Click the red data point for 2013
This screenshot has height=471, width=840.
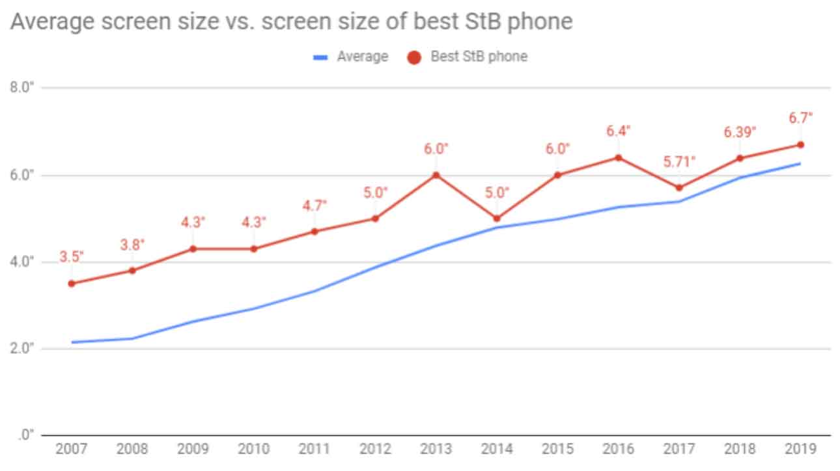436,175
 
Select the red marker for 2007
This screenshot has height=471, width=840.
72,284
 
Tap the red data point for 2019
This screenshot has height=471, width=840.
800,144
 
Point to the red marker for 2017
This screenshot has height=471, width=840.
679,188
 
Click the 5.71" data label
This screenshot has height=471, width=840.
679,161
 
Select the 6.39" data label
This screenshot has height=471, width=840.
740,133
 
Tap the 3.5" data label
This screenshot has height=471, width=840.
72,256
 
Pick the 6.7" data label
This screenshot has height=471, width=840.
800,118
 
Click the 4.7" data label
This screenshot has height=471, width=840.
315,205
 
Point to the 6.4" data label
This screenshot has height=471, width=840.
618,131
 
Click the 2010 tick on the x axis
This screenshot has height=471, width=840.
254,450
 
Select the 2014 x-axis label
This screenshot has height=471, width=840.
497,450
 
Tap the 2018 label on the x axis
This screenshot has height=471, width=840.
740,450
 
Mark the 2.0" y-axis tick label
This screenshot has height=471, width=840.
22,349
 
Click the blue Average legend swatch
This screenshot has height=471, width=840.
319,57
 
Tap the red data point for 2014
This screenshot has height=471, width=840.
497,219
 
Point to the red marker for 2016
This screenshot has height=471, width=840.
618,157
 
